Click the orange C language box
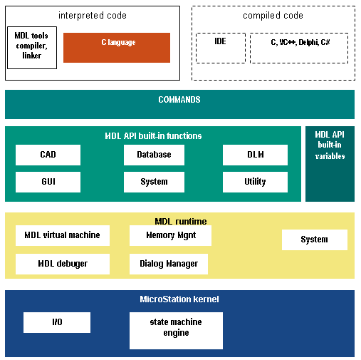[x=117, y=48]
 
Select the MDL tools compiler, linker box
[x=32, y=48]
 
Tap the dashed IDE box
[x=221, y=48]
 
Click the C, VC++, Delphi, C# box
[x=299, y=48]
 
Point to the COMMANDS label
[x=179, y=100]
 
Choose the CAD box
[x=48, y=155]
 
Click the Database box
[x=154, y=155]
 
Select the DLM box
[x=255, y=155]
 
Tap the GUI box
[x=48, y=182]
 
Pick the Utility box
[x=255, y=182]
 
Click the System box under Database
[x=154, y=182]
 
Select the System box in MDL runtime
[x=315, y=240]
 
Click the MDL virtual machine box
[x=63, y=235]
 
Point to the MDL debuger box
[x=63, y=264]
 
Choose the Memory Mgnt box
[x=170, y=235]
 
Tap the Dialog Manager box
[x=169, y=264]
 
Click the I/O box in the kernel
[x=57, y=322]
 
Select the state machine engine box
[x=176, y=331]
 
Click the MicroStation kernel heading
[x=179, y=299]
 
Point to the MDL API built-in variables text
[x=330, y=145]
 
